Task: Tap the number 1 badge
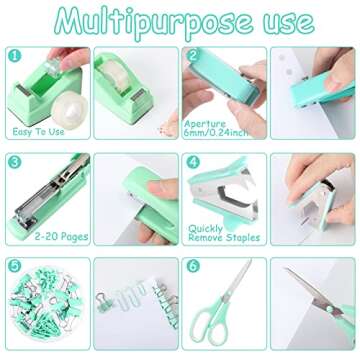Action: pos(15,58)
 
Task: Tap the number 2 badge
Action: pos(193,58)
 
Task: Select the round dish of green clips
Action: pos(40,310)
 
